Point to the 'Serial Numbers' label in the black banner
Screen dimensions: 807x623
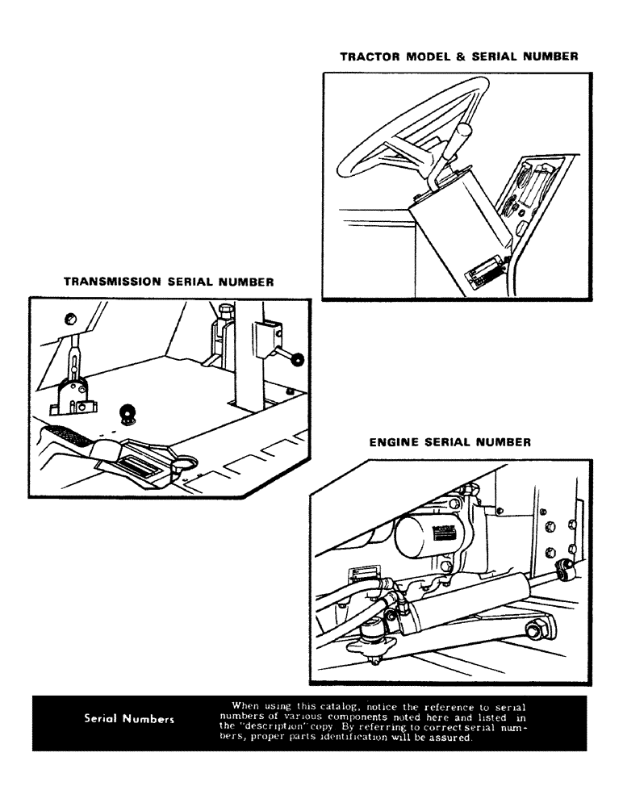pyautogui.click(x=129, y=719)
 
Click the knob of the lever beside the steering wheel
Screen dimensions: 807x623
pyautogui.click(x=465, y=132)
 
